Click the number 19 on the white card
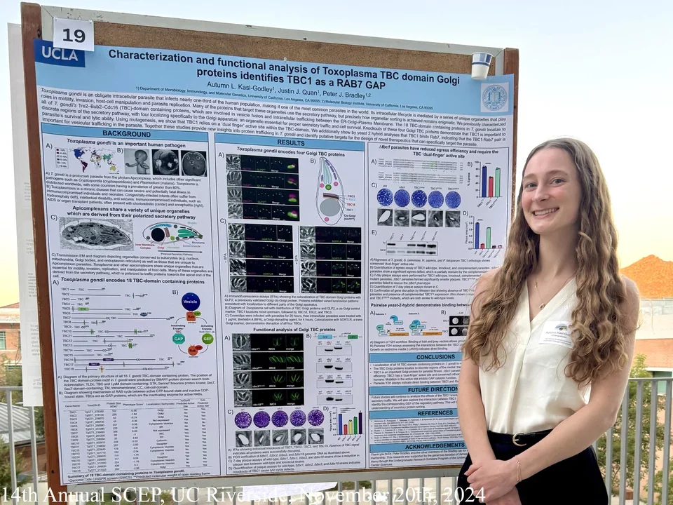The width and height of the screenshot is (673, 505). [x=74, y=34]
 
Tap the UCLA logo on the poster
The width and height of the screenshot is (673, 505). [x=60, y=53]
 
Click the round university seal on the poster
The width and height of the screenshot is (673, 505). [x=494, y=97]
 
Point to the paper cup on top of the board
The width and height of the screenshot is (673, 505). [x=481, y=65]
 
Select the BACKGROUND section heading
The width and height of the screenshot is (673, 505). [x=126, y=133]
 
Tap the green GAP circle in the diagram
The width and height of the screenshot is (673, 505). [x=179, y=338]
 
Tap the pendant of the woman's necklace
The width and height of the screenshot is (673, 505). [x=541, y=305]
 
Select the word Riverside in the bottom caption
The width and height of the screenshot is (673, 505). [x=259, y=494]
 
